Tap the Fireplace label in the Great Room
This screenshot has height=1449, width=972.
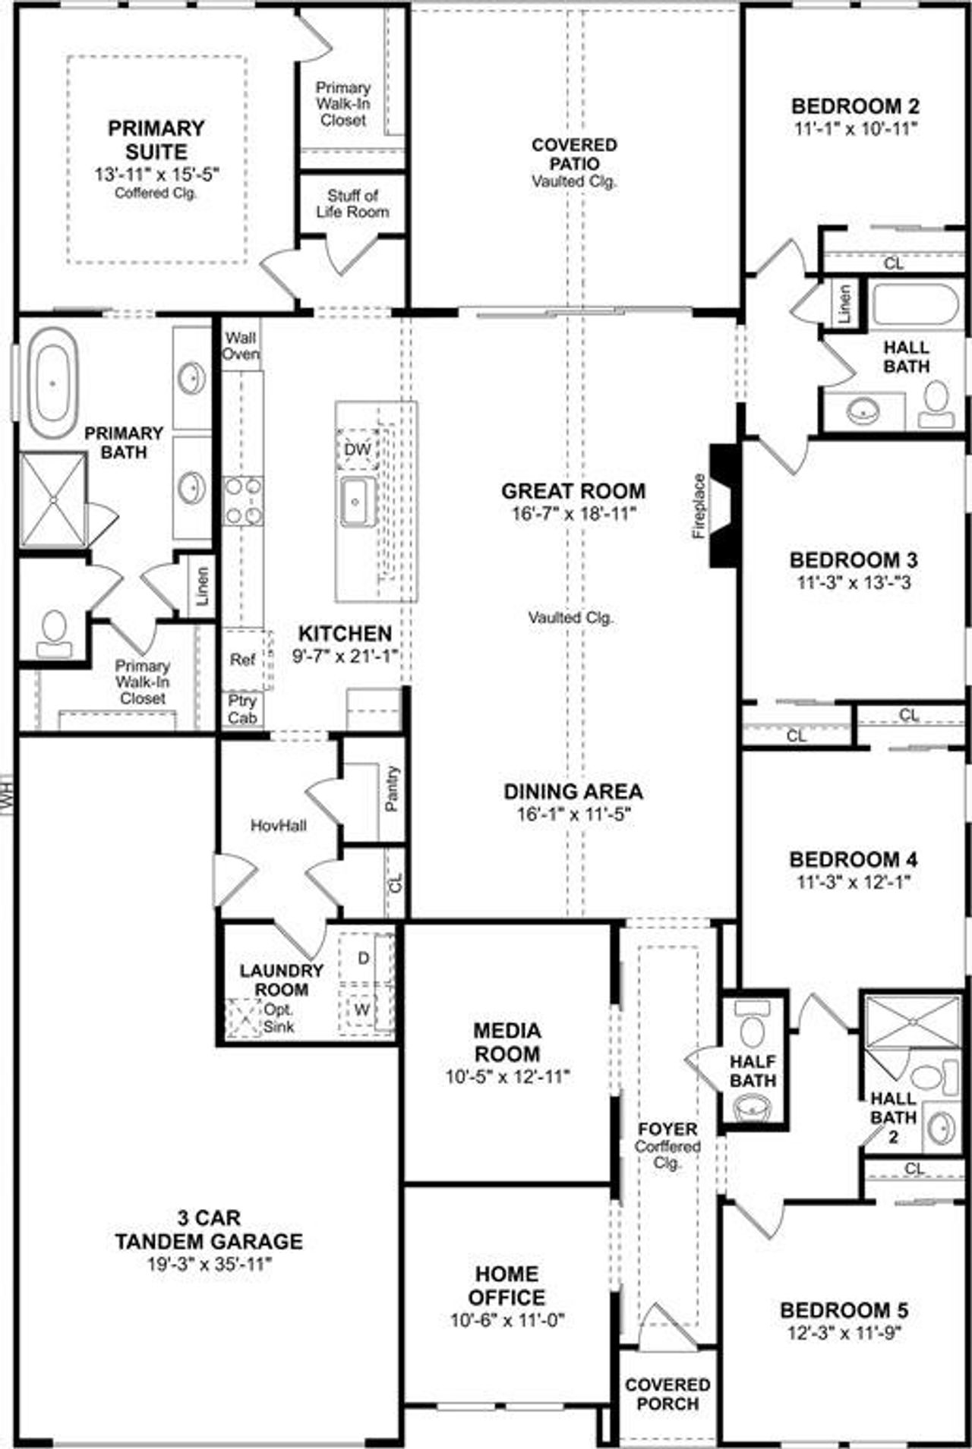coord(699,506)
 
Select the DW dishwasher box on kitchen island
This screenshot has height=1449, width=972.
coord(357,449)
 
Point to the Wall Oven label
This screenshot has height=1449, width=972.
coord(241,346)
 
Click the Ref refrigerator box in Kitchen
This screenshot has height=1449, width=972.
coord(243,660)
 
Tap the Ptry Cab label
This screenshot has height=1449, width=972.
coord(243,709)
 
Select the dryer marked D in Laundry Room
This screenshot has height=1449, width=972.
coord(364,958)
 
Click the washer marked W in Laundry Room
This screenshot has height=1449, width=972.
coord(362,1010)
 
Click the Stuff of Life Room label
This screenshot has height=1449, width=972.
coord(352,204)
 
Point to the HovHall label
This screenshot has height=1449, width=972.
coord(279,825)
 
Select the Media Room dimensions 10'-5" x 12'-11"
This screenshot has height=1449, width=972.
coord(507,1076)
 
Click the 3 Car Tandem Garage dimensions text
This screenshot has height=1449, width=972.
coord(209,1265)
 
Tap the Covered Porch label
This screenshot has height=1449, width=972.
coord(667,1394)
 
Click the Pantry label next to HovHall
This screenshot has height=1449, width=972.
coord(392,789)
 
